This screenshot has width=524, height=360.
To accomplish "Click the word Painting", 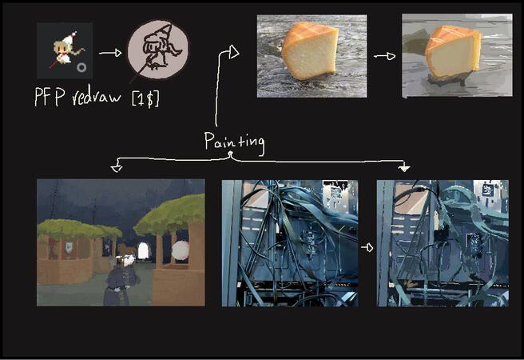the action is [x=234, y=142].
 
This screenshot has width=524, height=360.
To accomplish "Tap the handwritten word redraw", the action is [x=96, y=98].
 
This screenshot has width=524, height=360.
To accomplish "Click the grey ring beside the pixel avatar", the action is [x=81, y=67].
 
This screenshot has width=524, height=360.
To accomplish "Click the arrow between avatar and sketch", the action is [x=110, y=53].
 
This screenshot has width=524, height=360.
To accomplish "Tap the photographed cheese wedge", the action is [x=310, y=50].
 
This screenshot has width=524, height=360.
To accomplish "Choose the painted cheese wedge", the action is [x=453, y=52].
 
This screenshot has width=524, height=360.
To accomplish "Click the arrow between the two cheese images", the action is [x=385, y=56].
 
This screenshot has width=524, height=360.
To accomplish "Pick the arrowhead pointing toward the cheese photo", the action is [x=234, y=52].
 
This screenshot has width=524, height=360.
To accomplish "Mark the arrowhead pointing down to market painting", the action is [x=117, y=168].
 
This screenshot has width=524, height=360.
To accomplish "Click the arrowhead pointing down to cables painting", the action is [x=404, y=168].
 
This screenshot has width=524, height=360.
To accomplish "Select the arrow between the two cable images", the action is [x=367, y=247].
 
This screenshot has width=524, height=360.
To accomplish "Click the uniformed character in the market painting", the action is [x=121, y=278].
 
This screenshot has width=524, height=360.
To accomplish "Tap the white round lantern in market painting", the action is [x=181, y=250].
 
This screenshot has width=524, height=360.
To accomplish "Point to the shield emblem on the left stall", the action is [x=69, y=247].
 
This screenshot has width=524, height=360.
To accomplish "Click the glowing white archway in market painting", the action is [x=143, y=250].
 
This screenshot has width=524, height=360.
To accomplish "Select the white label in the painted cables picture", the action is [x=487, y=190].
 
